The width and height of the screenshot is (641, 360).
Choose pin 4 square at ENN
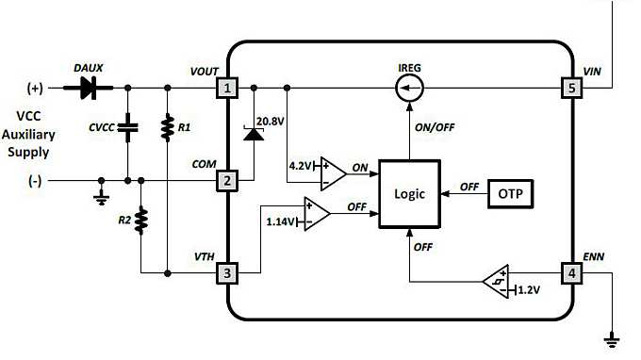click(x=572, y=273)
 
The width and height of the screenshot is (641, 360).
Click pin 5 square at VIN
click(x=572, y=89)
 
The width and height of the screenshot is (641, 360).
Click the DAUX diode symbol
click(x=90, y=89)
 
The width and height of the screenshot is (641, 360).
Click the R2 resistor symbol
click(x=140, y=221)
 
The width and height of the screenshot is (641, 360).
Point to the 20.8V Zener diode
click(x=252, y=133)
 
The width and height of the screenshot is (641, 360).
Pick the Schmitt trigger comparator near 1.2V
click(x=497, y=280)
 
